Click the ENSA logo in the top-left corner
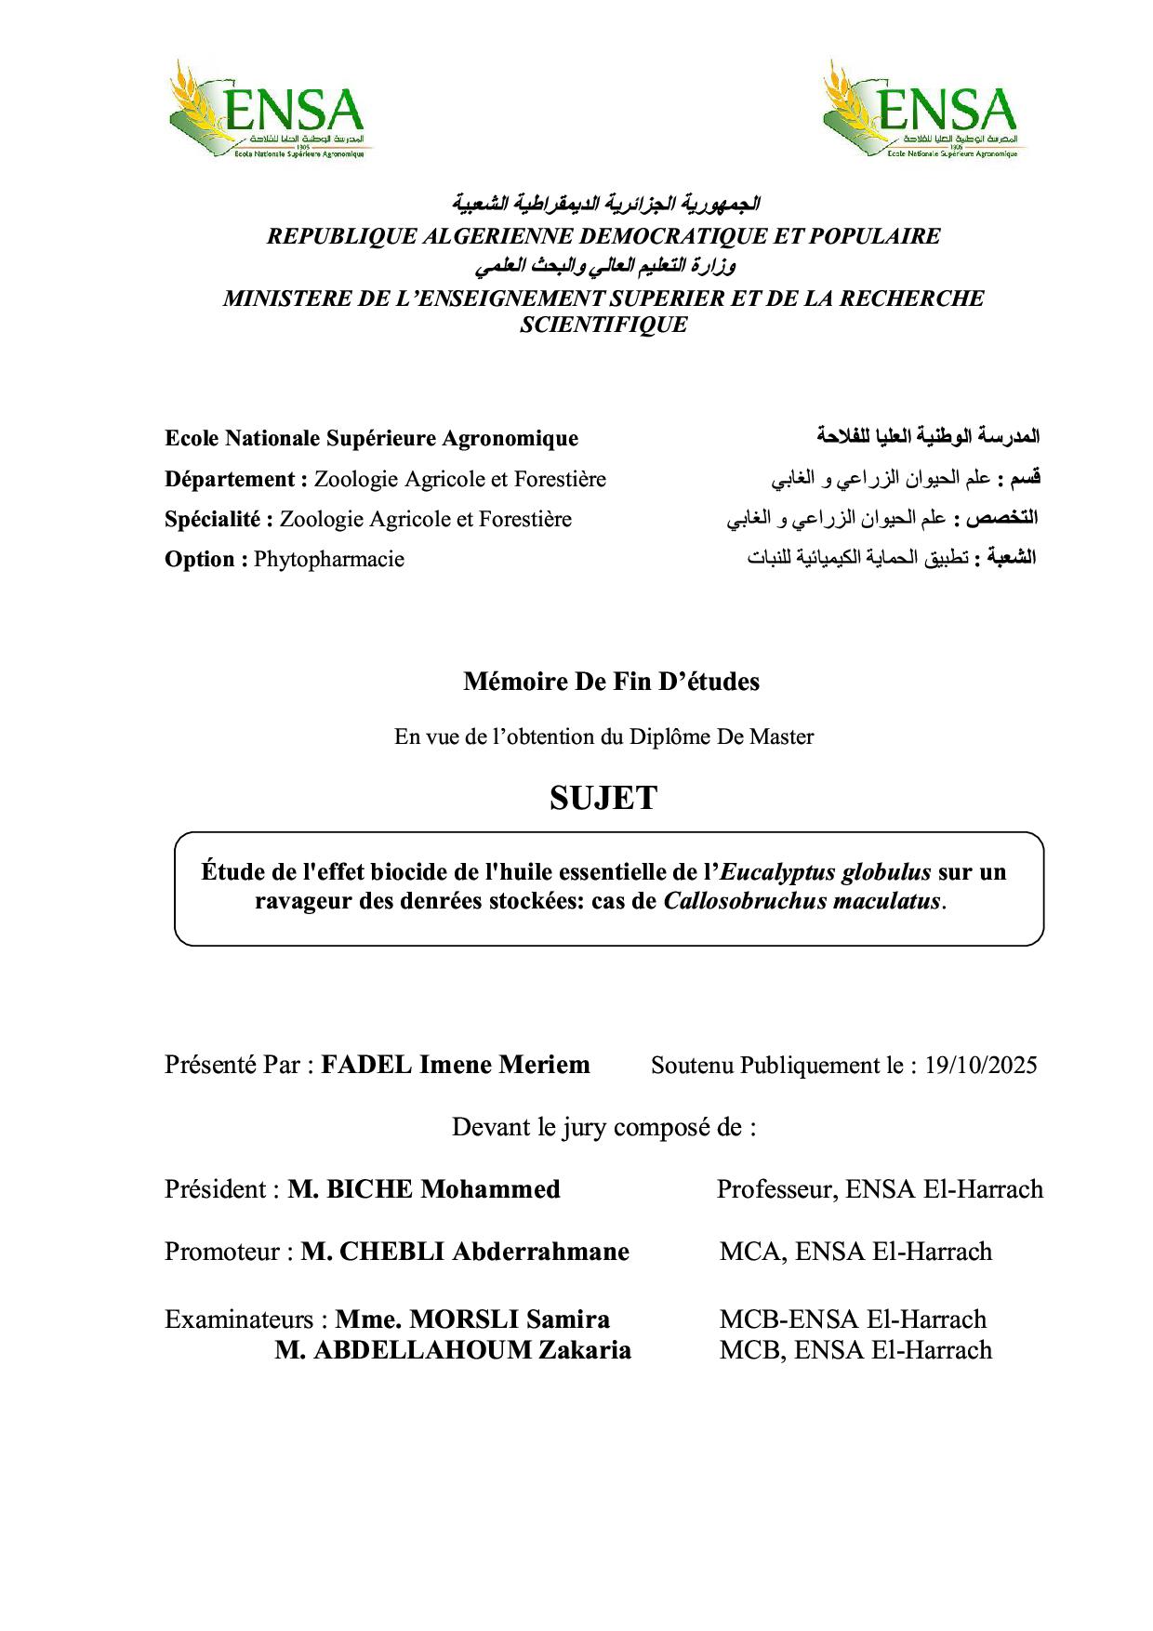[x=266, y=110]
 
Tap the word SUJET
[x=603, y=798]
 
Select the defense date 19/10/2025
[x=980, y=1066]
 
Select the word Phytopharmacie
[x=329, y=560]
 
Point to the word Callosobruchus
[x=740, y=901]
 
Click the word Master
[x=782, y=737]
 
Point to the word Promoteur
[x=222, y=1252]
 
